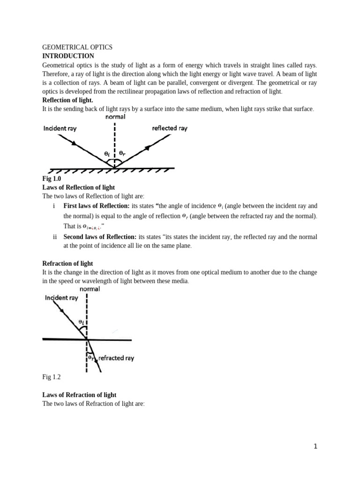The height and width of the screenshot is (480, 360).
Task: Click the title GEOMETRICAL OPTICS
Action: click(77, 47)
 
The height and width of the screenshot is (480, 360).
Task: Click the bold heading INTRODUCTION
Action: click(68, 56)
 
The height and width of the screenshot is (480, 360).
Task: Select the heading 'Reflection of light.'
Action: click(68, 100)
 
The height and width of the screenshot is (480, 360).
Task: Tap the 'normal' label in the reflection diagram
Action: click(115, 117)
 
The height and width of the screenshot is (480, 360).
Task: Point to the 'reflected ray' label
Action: click(170, 128)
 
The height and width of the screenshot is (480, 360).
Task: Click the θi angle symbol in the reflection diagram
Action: click(107, 153)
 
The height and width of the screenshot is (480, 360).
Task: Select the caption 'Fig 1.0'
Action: click(52, 179)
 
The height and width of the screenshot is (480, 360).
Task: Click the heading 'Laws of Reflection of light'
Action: click(78, 187)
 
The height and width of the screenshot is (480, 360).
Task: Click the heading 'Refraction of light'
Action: click(67, 263)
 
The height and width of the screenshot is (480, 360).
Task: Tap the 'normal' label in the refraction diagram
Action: click(90, 289)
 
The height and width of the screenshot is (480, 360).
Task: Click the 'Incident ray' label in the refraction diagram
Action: click(61, 298)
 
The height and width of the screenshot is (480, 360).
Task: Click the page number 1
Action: click(315, 447)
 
